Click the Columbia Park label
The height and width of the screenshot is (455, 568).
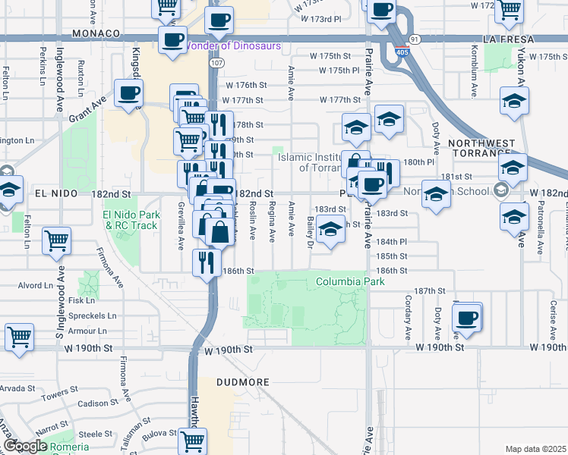point(350,282)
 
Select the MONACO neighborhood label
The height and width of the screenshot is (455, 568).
point(96,34)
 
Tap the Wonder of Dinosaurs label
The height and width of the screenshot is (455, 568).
point(233,45)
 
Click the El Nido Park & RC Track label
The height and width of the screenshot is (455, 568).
point(131,220)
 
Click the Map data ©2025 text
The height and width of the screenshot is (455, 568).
point(535,449)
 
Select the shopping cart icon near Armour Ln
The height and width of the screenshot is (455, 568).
point(20,337)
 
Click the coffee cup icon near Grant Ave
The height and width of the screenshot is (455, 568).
point(128,93)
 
